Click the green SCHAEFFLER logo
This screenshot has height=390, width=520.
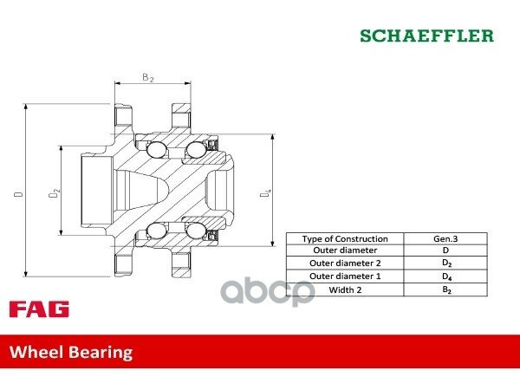[x=426, y=36]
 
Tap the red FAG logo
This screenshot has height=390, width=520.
[x=39, y=309]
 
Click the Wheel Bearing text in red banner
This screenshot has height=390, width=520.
[x=71, y=352]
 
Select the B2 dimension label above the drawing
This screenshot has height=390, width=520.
[x=148, y=78]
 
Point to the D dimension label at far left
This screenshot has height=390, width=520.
[x=18, y=193]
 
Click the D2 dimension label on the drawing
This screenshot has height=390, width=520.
[x=54, y=193]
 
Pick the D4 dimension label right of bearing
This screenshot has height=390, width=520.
[x=266, y=193]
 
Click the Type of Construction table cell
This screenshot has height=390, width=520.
[x=345, y=239]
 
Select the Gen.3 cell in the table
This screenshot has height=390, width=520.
[x=445, y=239]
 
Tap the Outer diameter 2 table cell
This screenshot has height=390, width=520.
[x=345, y=263]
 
